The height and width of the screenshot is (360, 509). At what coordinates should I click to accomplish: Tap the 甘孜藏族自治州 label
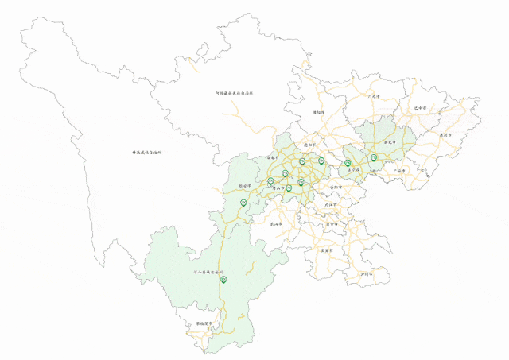click(x=146, y=152)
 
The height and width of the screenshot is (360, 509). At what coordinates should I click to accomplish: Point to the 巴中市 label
click(x=421, y=107)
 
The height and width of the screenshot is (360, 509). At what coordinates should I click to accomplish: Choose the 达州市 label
click(x=445, y=136)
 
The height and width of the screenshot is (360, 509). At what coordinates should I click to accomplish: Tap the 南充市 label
click(x=390, y=144)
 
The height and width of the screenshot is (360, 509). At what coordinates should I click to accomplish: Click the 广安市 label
click(x=400, y=170)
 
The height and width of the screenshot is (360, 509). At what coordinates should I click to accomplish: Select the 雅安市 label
click(x=245, y=188)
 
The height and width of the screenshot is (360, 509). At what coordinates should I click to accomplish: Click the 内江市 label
click(x=330, y=204)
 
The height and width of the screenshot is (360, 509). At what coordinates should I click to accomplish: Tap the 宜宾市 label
click(x=326, y=250)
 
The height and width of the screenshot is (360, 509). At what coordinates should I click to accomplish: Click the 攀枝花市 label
click(x=205, y=324)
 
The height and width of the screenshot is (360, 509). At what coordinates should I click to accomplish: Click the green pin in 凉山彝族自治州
click(x=223, y=278)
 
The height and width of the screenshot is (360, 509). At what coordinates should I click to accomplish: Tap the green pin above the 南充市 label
click(x=373, y=157)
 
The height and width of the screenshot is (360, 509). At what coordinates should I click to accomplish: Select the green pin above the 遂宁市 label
click(x=348, y=162)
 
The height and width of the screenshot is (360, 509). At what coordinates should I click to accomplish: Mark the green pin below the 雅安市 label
click(x=243, y=202)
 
